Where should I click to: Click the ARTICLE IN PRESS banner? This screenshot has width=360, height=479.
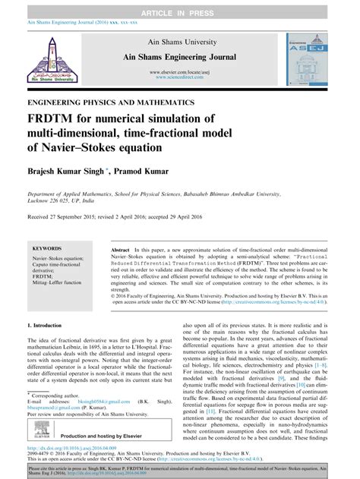[x=179, y=6]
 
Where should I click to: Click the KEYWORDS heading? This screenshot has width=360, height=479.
[x=49, y=248]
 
